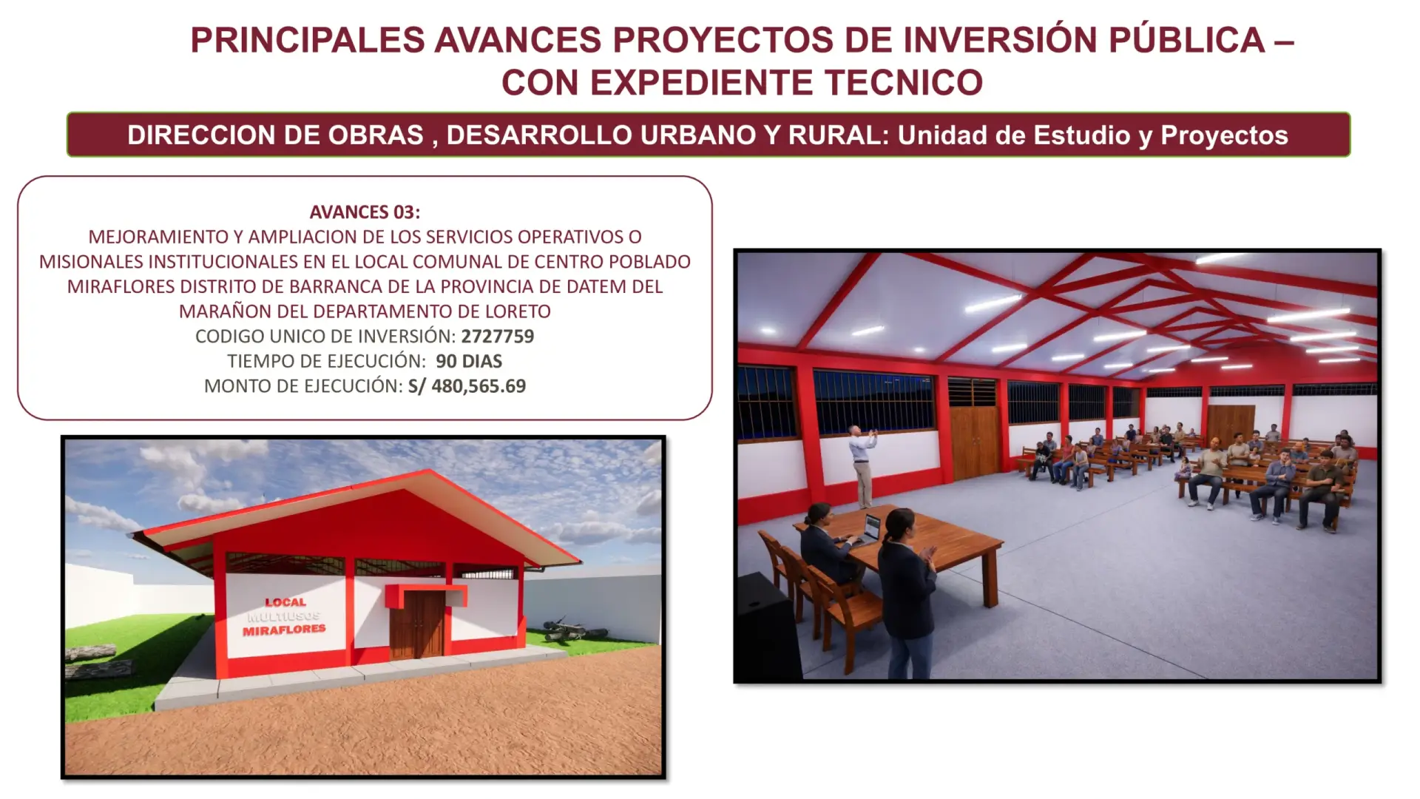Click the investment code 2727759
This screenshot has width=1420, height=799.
(498, 336)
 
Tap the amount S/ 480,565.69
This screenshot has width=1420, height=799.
(467, 385)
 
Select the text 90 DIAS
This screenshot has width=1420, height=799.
(469, 361)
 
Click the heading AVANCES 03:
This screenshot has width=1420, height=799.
(365, 212)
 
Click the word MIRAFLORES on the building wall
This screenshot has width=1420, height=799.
(284, 630)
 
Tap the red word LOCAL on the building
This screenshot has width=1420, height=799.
(285, 602)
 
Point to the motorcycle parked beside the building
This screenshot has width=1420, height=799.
(570, 630)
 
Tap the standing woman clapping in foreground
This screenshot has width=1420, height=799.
(906, 592)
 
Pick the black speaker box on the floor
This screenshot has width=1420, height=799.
(768, 625)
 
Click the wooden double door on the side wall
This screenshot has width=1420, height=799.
(974, 442)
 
